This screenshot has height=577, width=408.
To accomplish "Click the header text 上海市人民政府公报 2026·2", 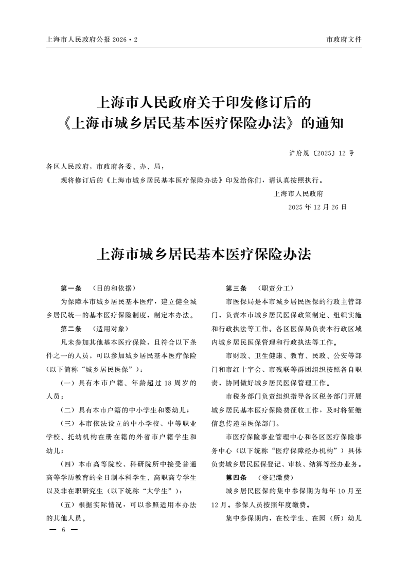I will (92, 40).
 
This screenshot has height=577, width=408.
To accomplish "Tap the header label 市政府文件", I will (344, 40).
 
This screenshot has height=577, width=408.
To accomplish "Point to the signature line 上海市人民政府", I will (298, 194).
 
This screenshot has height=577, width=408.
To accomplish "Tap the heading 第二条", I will (71, 328).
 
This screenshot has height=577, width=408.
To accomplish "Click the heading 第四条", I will (236, 477).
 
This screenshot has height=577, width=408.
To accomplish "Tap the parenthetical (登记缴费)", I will (275, 477).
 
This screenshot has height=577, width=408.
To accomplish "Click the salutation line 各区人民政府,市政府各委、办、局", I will (105, 167).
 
